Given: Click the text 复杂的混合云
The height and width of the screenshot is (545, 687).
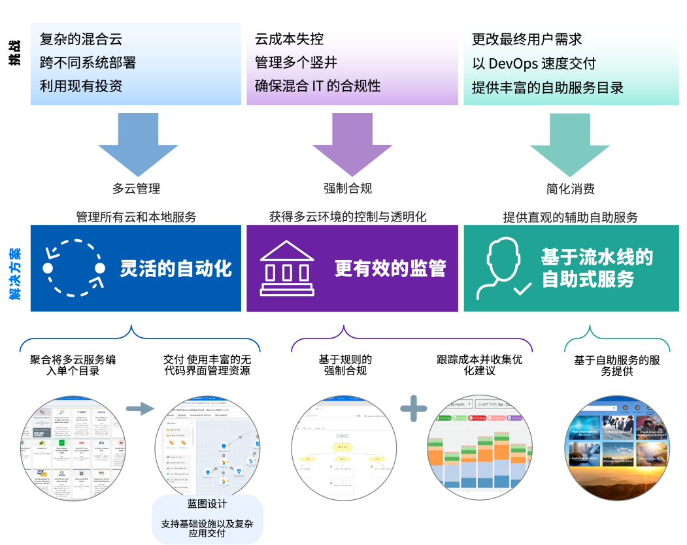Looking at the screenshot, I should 81,40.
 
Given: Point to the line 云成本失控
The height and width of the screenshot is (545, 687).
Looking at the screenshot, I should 290,40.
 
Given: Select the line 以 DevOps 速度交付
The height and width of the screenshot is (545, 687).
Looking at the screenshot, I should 533,63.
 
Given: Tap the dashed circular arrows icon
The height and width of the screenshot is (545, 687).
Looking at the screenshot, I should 74,268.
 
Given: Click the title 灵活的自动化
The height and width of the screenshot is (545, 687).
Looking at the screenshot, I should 176,269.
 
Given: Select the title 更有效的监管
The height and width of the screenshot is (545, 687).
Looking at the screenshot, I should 390,269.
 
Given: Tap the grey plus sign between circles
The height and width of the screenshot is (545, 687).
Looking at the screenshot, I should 413,408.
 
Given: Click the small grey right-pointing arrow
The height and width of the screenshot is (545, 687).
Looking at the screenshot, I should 140,408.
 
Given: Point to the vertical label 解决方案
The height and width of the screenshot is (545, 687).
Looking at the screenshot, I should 14,274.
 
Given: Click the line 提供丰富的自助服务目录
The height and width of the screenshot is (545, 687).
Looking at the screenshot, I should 547,87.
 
